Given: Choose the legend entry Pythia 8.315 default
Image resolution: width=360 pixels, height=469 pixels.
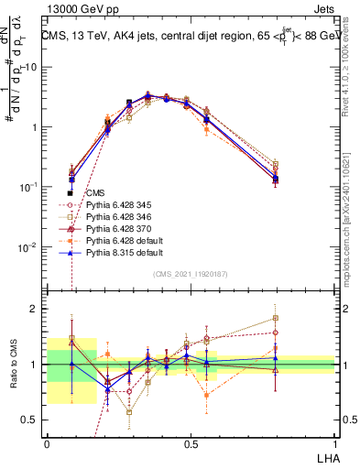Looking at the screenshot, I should coord(122,250).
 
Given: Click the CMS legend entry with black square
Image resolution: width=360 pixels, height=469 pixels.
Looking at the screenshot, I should coord(95,193).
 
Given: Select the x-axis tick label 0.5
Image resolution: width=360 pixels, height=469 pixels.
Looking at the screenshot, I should coord(191,442).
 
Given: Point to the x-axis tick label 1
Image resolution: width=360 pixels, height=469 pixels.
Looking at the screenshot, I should coord(334,442).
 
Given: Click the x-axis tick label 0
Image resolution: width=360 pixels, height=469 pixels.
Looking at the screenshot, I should coord(47,442).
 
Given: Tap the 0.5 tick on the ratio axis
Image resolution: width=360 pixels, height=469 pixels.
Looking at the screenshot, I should coord(29,420).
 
